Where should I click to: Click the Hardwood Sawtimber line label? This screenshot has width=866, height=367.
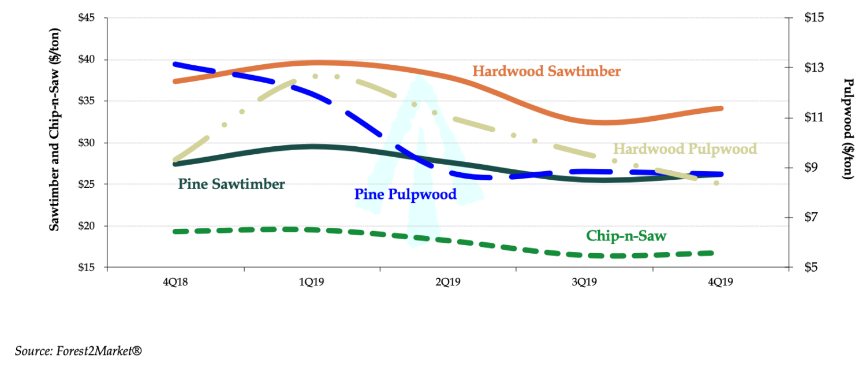click(546, 71)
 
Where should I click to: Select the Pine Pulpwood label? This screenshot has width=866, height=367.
click(405, 194)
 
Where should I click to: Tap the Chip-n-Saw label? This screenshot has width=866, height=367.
click(626, 236)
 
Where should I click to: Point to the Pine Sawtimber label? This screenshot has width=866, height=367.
click(232, 184)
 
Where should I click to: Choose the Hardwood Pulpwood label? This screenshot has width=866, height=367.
click(685, 149)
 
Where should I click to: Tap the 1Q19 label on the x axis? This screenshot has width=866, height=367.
click(312, 283)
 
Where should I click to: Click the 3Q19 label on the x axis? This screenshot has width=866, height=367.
click(584, 283)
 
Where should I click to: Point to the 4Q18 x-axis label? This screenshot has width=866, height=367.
click(176, 283)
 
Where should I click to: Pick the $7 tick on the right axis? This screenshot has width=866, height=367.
click(812, 218)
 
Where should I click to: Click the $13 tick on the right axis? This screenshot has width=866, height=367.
click(814, 68)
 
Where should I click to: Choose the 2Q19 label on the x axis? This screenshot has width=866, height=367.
click(448, 283)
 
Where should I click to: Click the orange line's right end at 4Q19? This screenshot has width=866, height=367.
click(721, 108)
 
